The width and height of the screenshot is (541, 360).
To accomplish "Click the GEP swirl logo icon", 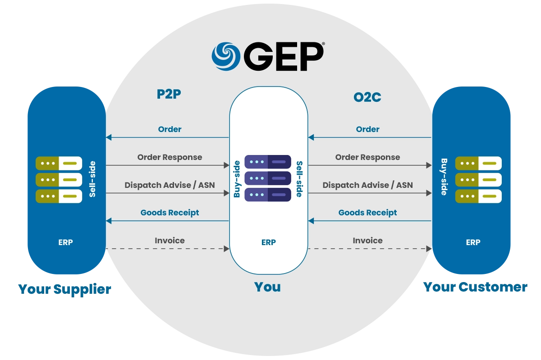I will coord(226,57).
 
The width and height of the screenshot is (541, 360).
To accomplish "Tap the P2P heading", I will coord(169,95).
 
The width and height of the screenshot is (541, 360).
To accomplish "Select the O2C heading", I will coord(367,97).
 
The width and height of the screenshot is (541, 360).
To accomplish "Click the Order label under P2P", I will coord(170,129).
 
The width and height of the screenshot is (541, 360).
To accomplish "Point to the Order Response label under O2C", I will coord(367,157).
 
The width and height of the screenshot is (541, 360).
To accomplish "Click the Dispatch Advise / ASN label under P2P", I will coord(170,185).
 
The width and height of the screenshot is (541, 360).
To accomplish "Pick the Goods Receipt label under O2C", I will coord(367,213).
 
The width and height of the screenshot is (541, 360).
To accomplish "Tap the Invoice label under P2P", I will coord(170,241).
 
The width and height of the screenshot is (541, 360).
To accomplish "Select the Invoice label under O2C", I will coord(367,241).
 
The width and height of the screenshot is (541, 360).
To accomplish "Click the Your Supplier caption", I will coord(64,289).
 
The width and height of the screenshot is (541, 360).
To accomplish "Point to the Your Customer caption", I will coord(475,287).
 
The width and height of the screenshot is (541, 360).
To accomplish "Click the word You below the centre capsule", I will coord(267,287).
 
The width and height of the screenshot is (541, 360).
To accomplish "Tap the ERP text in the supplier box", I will coord(65,242).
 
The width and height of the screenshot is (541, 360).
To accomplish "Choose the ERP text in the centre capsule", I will coord(268,242).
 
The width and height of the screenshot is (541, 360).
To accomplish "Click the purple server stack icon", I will coord(268,178).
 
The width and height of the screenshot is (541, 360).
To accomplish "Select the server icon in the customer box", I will coord(478,179).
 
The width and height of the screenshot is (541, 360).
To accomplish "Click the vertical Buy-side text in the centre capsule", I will coord(237,179).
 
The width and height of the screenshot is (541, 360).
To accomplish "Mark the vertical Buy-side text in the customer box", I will coord(444,177).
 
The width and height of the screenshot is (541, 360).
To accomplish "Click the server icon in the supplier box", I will coord(59,179).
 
